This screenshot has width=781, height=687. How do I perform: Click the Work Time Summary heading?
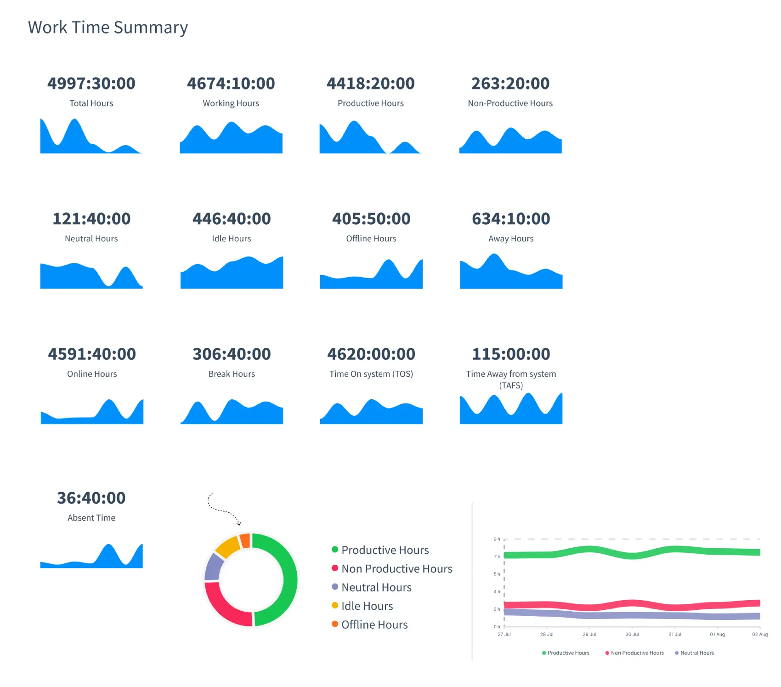108,28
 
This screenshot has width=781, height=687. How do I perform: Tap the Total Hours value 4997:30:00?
91,84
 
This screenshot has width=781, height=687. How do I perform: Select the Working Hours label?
231,103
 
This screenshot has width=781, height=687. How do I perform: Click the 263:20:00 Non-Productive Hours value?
510,84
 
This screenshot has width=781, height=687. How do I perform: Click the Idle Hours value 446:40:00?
232,219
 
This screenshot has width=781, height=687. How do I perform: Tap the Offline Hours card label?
371,238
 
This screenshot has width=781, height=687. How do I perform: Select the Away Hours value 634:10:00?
511,219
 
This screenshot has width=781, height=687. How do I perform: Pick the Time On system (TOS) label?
371,374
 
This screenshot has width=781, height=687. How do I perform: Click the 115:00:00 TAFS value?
511,354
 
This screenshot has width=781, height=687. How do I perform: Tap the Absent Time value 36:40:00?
91,498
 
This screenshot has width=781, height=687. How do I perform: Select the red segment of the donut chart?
223,607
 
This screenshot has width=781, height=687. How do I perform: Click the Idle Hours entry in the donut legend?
367,606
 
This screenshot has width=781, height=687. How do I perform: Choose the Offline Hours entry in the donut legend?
374,625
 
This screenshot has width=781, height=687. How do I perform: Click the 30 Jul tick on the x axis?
632,634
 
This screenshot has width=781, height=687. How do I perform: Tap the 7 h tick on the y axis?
497,556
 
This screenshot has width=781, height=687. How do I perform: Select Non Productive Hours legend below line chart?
637,653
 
